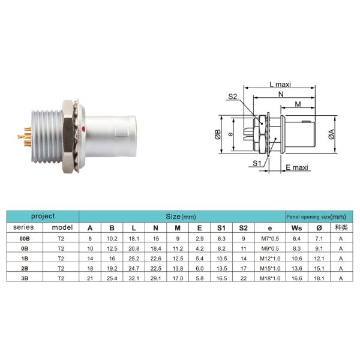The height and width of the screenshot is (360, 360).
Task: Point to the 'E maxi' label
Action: coord(296,168)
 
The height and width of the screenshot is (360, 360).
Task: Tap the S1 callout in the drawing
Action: coord(256,163)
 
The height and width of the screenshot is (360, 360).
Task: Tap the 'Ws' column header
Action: coord(296,228)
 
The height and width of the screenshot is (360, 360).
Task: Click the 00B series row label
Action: coord(25,238)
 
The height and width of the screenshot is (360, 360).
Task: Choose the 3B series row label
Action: coord(25,279)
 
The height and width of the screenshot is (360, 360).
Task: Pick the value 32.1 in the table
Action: coord(133,279)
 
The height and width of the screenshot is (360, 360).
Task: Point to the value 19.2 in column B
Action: coord(112,269)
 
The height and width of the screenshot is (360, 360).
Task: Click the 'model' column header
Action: coord(61,228)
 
